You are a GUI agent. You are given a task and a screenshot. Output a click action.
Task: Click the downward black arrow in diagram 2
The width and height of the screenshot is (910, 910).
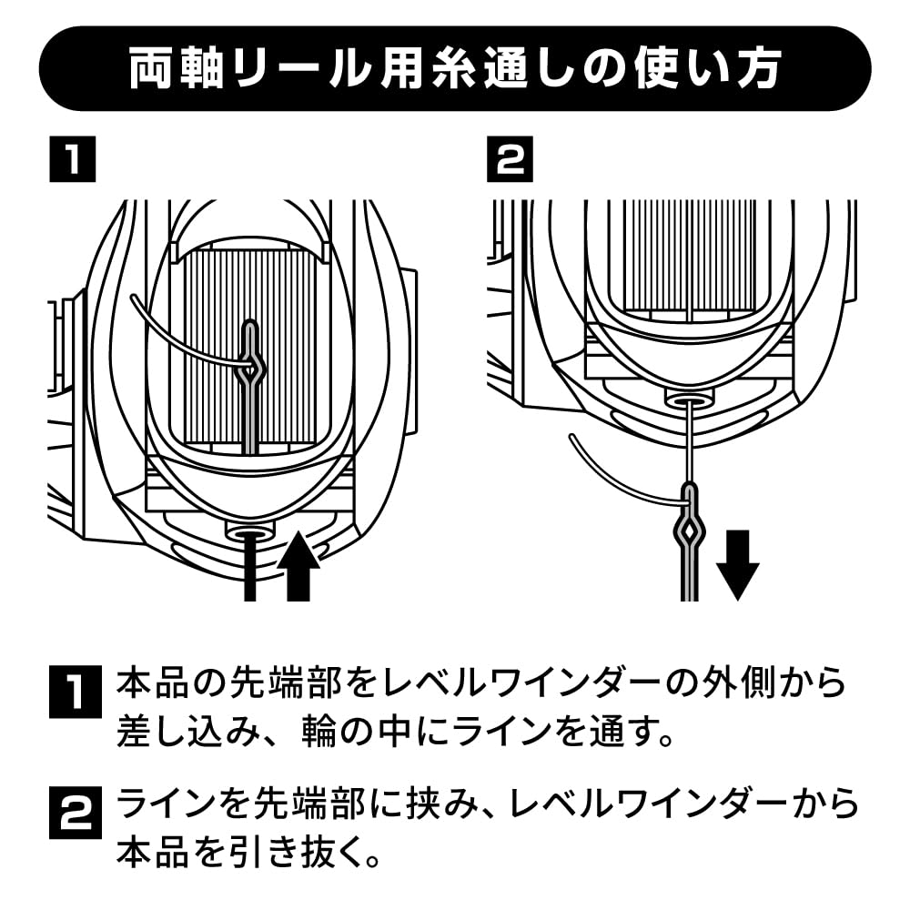[x=737, y=565]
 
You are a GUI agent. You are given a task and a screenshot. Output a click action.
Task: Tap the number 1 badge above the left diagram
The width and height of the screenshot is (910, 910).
[x=73, y=159]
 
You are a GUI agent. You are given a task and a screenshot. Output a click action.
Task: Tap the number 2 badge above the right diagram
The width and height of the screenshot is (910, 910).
[x=511, y=159]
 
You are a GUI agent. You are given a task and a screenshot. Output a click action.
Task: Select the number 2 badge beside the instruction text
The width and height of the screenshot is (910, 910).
[x=75, y=812]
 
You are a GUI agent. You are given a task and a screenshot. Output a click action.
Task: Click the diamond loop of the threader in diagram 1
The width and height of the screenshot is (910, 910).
[x=251, y=366]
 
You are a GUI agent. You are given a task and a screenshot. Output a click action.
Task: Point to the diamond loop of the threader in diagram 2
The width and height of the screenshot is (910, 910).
[x=689, y=531]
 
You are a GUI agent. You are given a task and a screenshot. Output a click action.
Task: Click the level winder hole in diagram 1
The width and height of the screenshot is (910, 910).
[x=249, y=531]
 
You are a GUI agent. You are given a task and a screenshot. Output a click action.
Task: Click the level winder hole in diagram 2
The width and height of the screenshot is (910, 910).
[x=688, y=399]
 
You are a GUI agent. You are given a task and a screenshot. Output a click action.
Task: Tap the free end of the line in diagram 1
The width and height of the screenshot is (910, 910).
[x=131, y=298]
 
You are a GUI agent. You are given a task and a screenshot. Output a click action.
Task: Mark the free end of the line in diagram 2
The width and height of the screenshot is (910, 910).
[x=571, y=435]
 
